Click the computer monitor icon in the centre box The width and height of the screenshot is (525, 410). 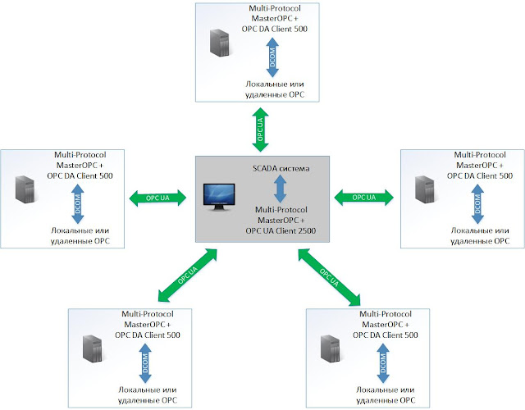click(x=218, y=198)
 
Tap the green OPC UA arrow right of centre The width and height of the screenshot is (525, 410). click(x=363, y=198)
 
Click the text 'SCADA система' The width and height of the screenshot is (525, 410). click(x=281, y=169)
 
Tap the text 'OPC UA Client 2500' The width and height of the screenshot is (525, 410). click(x=281, y=231)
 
